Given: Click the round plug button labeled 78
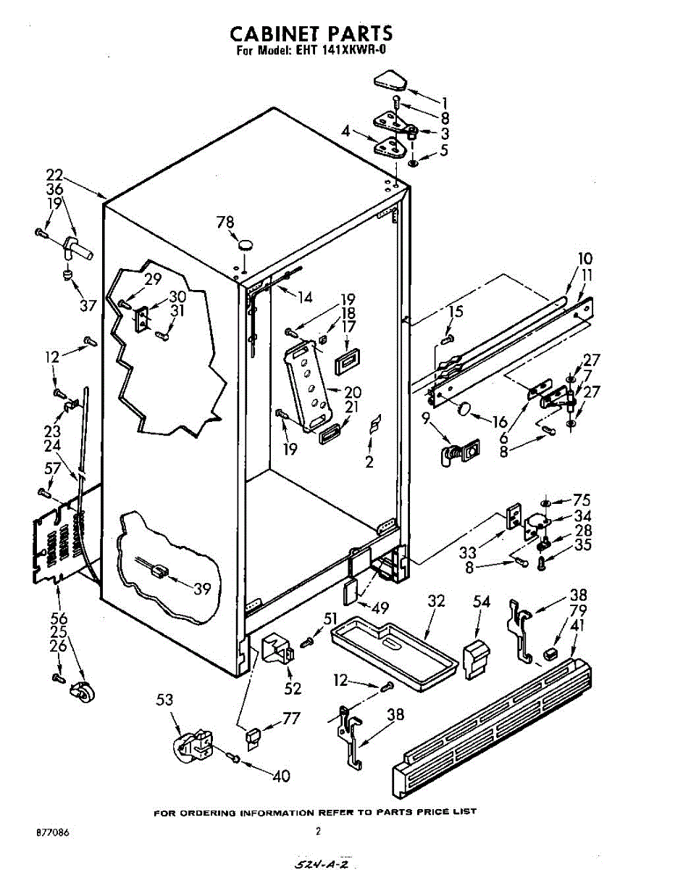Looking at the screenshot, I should coord(247,244).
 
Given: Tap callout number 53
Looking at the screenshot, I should coord(165,700).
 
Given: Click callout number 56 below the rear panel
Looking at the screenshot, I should coord(58,618).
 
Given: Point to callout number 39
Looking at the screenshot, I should coord(201,589).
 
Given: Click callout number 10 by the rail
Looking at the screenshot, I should coord(584,258).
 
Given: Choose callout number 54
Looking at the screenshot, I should coord(482,601).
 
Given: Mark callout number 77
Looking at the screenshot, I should coord(291,719).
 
